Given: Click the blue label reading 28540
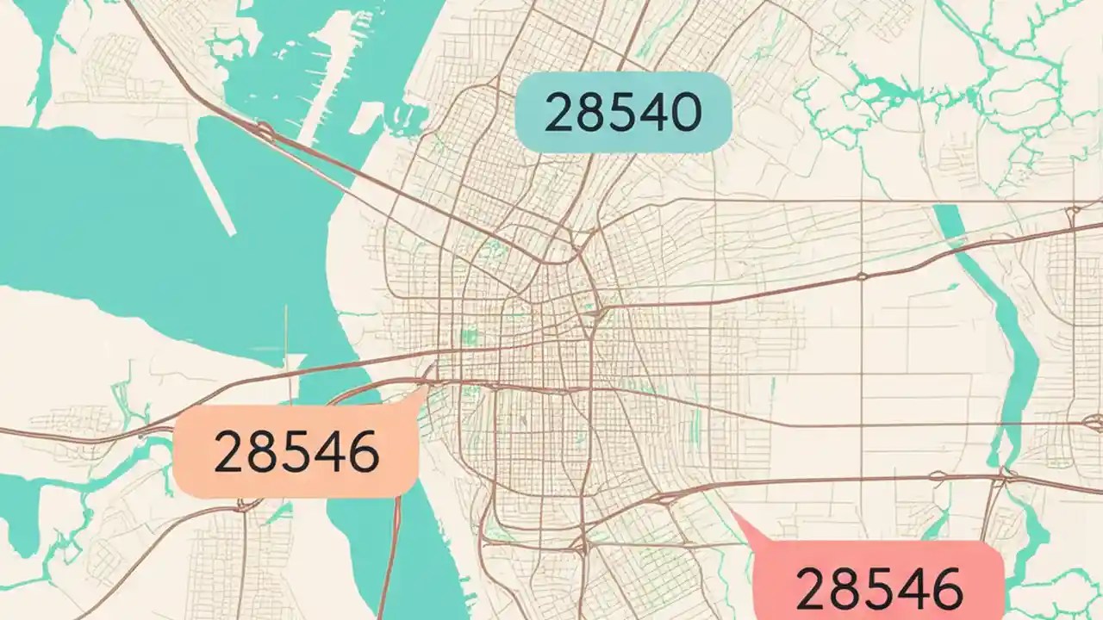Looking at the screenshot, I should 623,113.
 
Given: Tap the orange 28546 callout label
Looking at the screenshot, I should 296,451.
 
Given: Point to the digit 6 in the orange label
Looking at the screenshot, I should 362,452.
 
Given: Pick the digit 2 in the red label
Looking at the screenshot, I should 812,590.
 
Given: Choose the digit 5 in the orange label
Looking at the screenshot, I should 296,452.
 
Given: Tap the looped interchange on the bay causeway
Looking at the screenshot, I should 262,132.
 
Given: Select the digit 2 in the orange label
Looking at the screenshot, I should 229,452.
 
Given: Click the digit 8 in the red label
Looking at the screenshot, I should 844,590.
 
